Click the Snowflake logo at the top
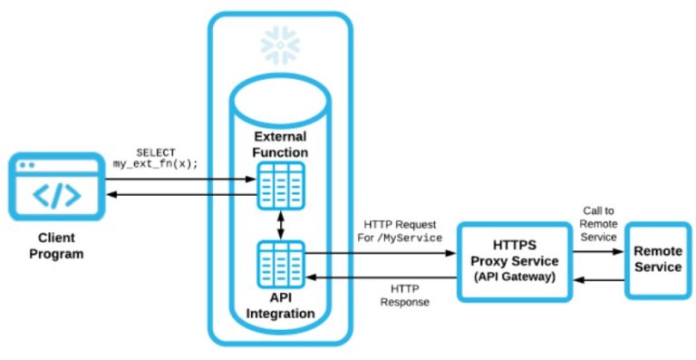[280, 44]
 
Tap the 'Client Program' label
[56, 247]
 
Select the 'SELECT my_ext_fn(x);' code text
[155, 158]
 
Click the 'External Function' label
[280, 144]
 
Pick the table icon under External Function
[280, 185]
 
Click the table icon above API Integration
[280, 264]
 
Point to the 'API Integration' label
[280, 306]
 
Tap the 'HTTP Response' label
[404, 295]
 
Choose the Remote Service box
[657, 260]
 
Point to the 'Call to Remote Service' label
[598, 223]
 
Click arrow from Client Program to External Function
[181, 178]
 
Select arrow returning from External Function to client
[181, 194]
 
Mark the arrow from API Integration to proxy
[381, 253]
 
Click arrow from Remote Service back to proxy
[599, 280]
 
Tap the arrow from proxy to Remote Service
[599, 254]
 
